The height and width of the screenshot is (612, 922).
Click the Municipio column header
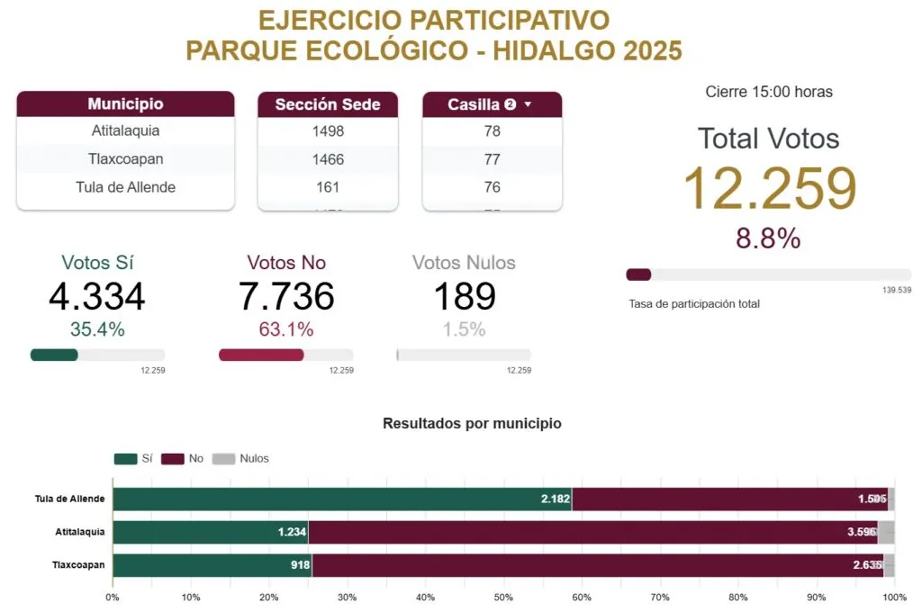pos(125,104)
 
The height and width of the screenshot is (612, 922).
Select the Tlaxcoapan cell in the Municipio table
pos(125,159)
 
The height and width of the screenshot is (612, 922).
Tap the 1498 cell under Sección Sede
pos(328,131)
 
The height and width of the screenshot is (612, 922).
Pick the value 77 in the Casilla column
pos(492,159)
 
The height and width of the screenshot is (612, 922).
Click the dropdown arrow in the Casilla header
pos(529,105)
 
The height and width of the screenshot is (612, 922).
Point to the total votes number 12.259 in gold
pos(769,189)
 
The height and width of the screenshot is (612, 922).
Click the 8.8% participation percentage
pos(768,238)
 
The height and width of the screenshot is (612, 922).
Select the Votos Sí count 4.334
pos(97,297)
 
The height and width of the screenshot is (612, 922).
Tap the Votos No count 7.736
pos(286,297)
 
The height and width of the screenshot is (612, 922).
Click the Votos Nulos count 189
pos(464,297)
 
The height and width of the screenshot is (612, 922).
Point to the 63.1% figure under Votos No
pos(286,329)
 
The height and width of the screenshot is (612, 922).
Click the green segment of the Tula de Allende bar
pos(342,499)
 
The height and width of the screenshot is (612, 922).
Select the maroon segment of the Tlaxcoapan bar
pos(594,565)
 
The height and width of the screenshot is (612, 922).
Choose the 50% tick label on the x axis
pos(503,597)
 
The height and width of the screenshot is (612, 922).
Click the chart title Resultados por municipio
pos(472,423)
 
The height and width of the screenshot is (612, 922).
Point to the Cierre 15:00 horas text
pos(769,92)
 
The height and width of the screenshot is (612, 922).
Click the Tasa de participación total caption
pos(694,304)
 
